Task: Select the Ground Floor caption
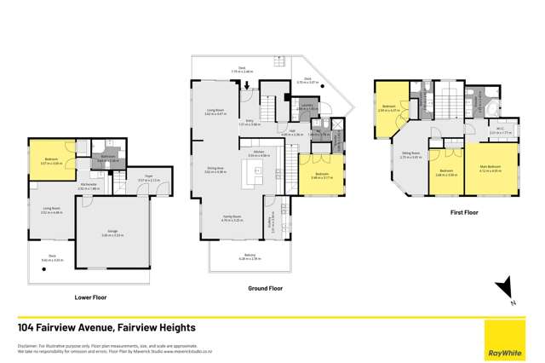tap(265, 289)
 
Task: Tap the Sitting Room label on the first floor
tap(411, 156)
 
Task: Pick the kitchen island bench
tap(253, 176)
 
